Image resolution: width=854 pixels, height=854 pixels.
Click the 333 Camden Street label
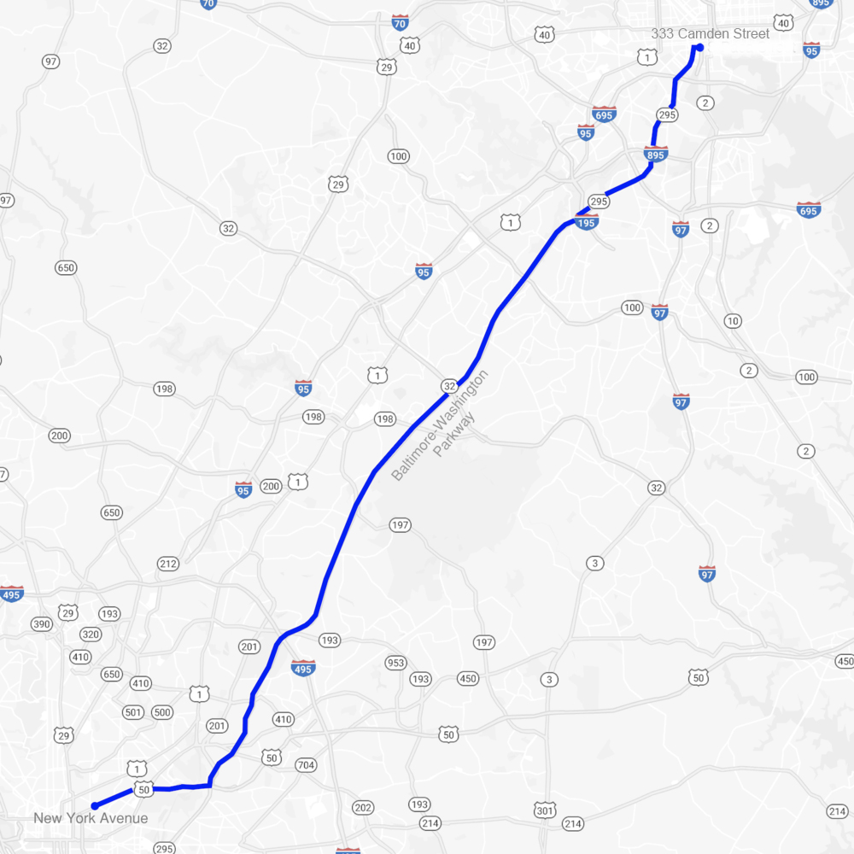click(x=710, y=33)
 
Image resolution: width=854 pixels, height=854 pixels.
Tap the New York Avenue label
click(x=91, y=818)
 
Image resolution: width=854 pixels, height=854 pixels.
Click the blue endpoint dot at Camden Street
click(x=699, y=47)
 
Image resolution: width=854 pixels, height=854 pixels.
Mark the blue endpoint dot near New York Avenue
click(x=95, y=805)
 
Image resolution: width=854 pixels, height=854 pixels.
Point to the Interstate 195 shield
click(x=587, y=221)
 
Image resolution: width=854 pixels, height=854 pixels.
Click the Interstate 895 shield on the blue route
click(x=655, y=154)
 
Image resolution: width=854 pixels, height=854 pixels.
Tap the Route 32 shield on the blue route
click(x=449, y=386)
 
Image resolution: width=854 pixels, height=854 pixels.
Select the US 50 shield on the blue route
click(x=143, y=790)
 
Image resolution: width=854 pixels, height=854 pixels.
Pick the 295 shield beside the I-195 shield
click(x=599, y=202)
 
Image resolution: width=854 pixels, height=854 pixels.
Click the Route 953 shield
click(x=395, y=663)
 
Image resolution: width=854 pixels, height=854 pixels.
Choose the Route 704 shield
click(x=306, y=765)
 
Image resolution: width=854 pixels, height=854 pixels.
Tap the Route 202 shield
click(x=363, y=807)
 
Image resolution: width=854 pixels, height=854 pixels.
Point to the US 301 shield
click(x=545, y=809)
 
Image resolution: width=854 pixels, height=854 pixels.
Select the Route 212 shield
click(x=167, y=564)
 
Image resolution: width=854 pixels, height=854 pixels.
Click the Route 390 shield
click(x=42, y=624)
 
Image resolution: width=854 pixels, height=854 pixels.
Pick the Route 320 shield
click(x=91, y=635)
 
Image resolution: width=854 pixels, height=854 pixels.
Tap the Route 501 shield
click(x=133, y=712)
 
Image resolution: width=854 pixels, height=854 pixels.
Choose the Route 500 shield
click(x=161, y=712)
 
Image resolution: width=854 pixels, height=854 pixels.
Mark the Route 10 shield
click(x=732, y=321)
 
